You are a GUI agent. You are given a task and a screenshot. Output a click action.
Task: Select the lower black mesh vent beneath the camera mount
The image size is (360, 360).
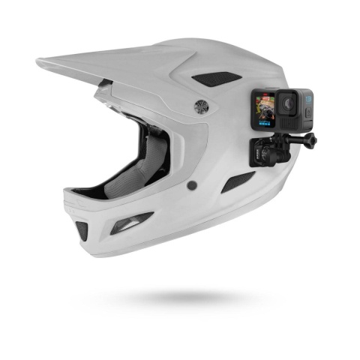[x=238, y=181]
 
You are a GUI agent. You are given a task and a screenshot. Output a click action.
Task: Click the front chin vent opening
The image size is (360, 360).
[x=81, y=229]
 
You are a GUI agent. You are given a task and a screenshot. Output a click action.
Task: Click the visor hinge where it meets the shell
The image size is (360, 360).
[x=105, y=91]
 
